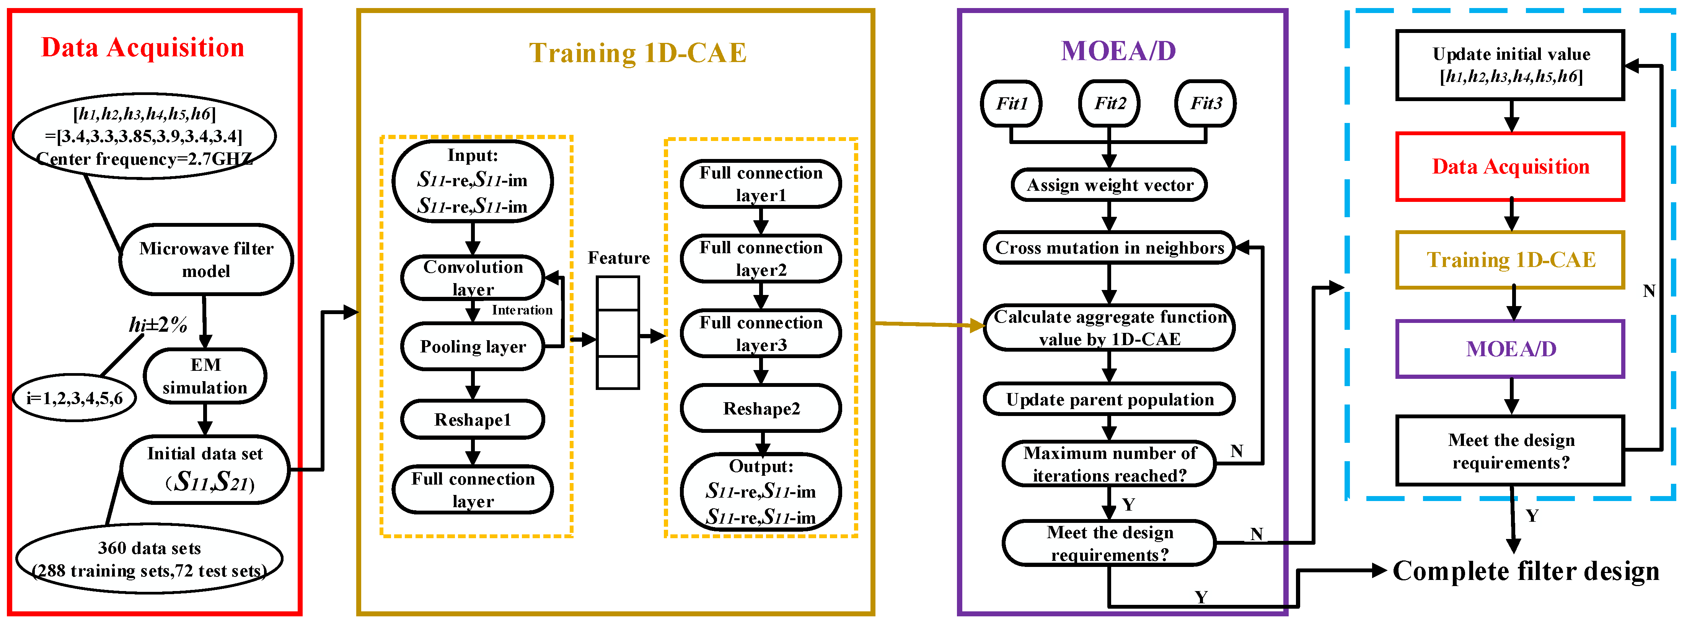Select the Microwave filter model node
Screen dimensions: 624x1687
205,260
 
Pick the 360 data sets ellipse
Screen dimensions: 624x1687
149,559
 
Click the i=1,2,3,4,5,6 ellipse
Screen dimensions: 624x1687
75,398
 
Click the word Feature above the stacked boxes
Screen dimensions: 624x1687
618,258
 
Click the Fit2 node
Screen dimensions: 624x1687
1109,103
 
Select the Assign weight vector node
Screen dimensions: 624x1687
1109,185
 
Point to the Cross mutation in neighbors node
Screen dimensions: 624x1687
1109,248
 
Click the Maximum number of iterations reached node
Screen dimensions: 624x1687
1109,464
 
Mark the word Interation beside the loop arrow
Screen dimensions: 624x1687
522,310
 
